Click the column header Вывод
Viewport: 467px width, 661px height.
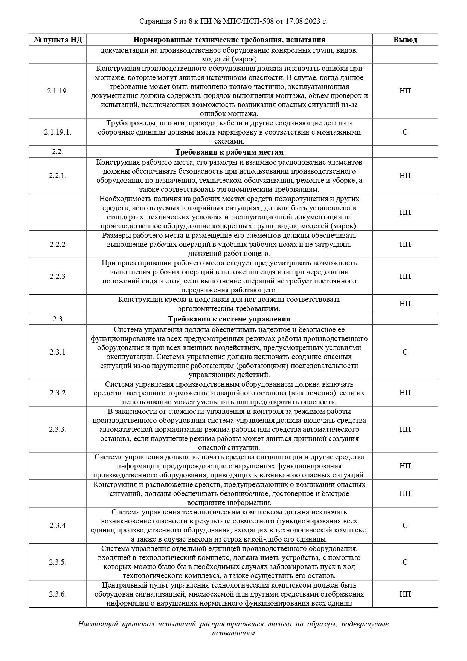(x=405, y=40)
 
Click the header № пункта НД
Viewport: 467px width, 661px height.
(x=58, y=40)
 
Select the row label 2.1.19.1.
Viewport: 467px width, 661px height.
(x=58, y=132)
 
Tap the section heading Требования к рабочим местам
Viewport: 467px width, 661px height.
(x=229, y=152)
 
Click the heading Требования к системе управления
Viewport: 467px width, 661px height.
(x=229, y=319)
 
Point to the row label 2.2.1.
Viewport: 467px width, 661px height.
(x=58, y=176)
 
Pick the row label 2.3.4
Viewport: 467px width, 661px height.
(x=58, y=525)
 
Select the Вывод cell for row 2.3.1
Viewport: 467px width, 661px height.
(x=405, y=352)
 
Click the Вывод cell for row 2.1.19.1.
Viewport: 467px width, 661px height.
(x=405, y=132)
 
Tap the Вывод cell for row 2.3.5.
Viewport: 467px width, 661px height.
(x=405, y=562)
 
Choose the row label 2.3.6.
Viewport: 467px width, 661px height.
(x=58, y=594)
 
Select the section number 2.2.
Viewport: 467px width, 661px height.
(x=58, y=152)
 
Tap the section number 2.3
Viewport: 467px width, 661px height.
(x=58, y=319)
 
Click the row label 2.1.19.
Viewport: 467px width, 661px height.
(x=58, y=91)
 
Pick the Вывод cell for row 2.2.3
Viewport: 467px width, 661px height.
(x=405, y=276)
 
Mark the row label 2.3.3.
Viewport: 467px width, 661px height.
(x=58, y=430)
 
